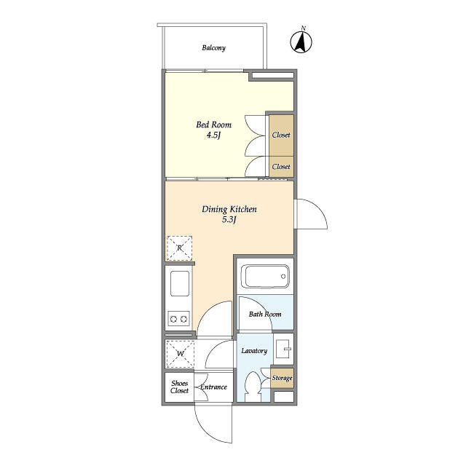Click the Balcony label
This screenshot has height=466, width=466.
click(213, 48)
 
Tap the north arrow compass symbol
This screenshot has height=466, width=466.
click(301, 42)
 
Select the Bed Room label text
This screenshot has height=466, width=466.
click(213, 125)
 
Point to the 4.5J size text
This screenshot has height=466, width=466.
click(213, 135)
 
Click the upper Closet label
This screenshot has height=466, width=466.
click(281, 135)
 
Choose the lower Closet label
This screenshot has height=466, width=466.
click(281, 167)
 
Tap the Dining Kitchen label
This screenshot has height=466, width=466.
click(229, 209)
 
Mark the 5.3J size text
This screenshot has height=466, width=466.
click(229, 220)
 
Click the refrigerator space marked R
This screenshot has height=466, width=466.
click(180, 248)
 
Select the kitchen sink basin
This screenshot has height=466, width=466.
click(180, 283)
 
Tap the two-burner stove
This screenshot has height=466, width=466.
click(179, 319)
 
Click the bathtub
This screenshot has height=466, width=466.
click(265, 277)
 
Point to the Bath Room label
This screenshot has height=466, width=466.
click(265, 314)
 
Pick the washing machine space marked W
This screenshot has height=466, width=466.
click(180, 354)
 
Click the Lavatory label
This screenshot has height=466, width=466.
click(254, 351)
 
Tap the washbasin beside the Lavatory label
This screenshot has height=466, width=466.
click(283, 349)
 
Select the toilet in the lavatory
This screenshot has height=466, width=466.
click(253, 387)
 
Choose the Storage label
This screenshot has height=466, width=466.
click(282, 378)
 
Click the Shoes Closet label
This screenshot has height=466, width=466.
click(180, 387)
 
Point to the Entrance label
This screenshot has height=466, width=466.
click(213, 387)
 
